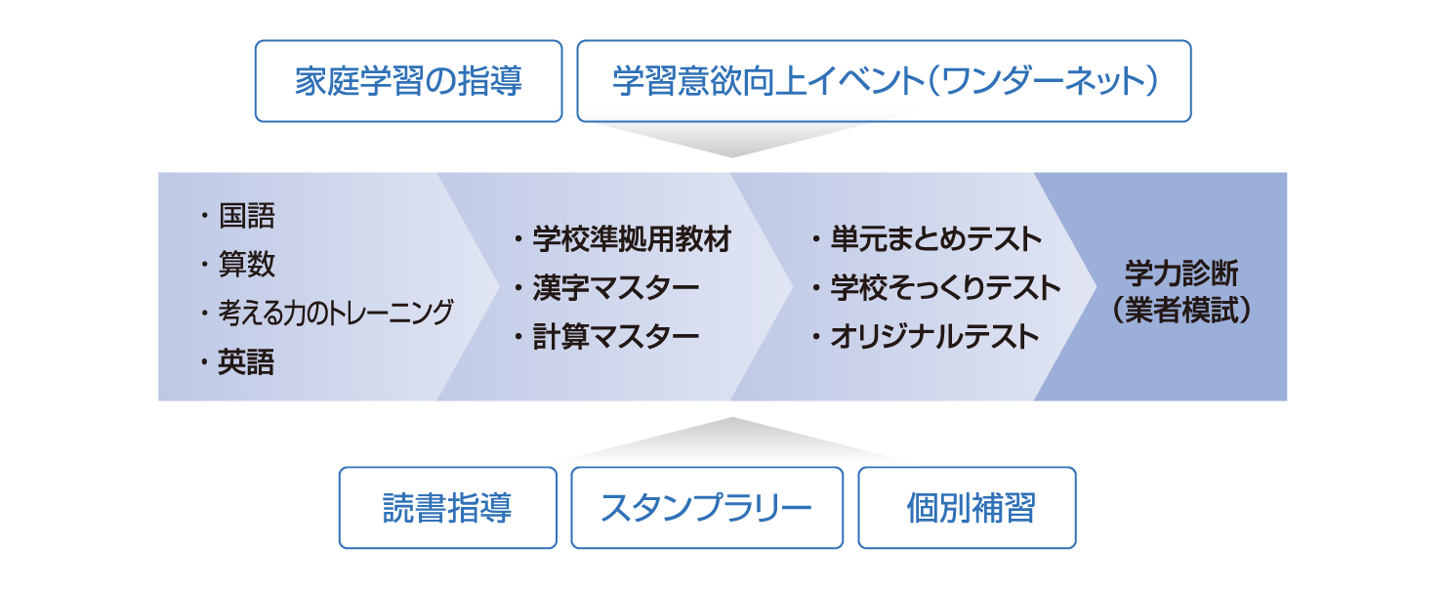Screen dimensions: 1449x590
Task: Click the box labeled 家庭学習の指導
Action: click(408, 81)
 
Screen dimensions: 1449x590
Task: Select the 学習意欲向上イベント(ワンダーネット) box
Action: click(884, 81)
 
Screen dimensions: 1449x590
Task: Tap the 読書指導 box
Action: click(447, 508)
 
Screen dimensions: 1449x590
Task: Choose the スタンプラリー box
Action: click(707, 508)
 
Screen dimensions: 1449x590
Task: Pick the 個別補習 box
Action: click(967, 508)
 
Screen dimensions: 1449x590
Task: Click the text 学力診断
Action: click(1181, 273)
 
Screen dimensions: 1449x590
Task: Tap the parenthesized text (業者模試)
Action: click(1181, 311)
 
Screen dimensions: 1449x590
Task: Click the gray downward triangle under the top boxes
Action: click(732, 139)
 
